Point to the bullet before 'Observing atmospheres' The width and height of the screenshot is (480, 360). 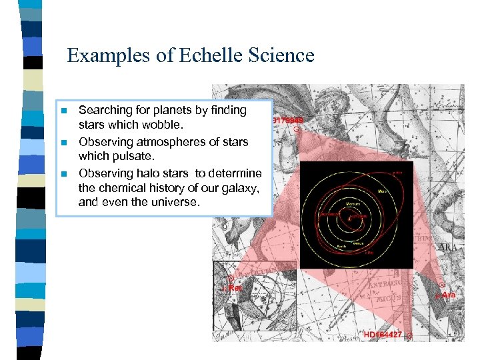pos(64,143)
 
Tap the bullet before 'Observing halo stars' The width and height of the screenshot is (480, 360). pos(64,174)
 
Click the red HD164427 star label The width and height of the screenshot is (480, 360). pos(383,334)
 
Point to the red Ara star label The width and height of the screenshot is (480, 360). pos(448,295)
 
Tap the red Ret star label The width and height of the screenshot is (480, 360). pos(234,287)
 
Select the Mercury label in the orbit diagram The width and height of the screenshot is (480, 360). pos(353,201)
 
